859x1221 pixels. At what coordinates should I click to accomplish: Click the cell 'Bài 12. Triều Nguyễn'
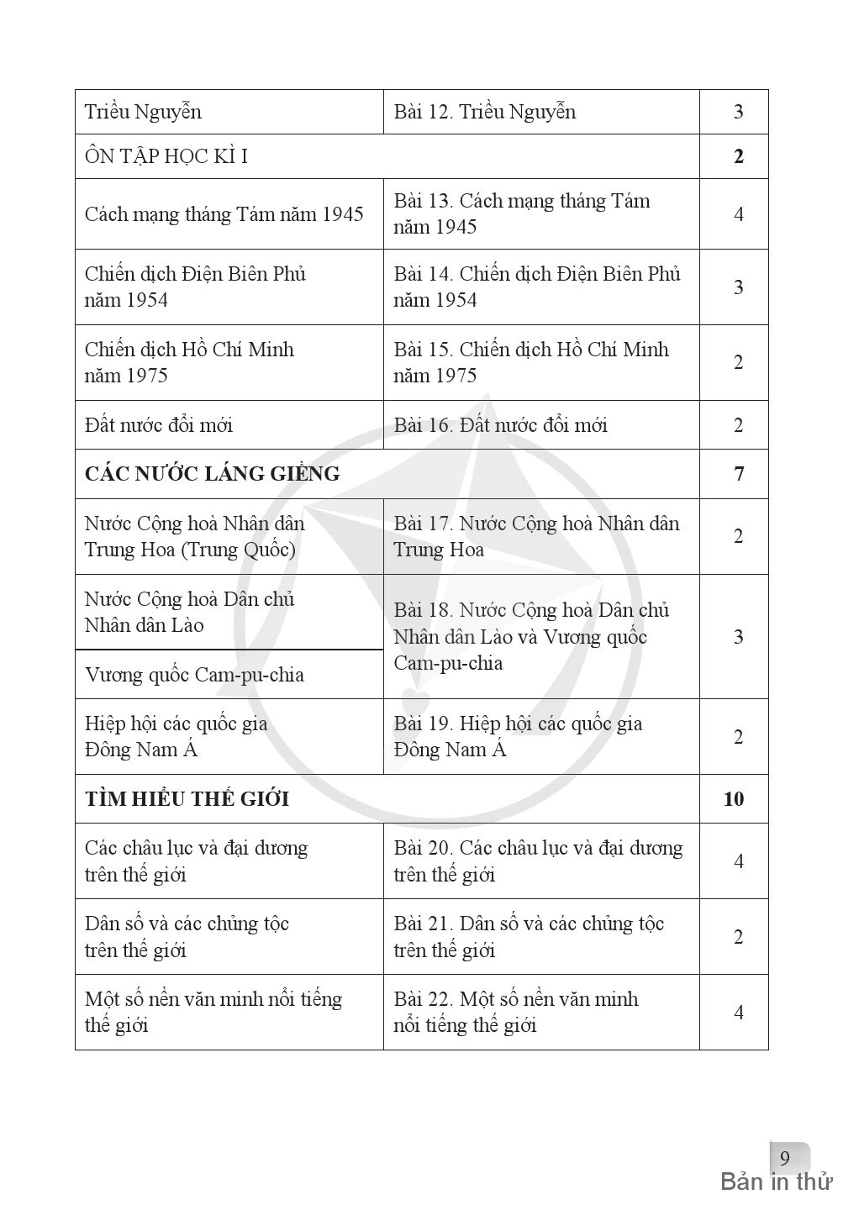click(484, 112)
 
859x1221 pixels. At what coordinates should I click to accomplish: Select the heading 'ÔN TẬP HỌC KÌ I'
click(166, 157)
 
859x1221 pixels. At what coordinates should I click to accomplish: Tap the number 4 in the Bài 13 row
click(738, 214)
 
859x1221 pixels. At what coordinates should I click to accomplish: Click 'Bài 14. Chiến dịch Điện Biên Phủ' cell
click(536, 287)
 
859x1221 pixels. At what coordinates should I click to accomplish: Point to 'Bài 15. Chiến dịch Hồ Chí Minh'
click(530, 362)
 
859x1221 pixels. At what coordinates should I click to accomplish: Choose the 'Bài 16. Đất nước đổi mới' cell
click(500, 425)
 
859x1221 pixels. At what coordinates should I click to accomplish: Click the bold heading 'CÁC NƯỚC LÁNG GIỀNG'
click(212, 474)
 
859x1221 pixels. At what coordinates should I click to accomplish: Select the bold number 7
click(738, 474)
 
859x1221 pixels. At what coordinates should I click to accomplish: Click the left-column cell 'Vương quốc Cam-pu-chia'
click(194, 675)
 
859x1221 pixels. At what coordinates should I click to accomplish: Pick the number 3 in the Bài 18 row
click(738, 637)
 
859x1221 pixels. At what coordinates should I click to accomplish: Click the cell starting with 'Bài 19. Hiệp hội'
click(518, 736)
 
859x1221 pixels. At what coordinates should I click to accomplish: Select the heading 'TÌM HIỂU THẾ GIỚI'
click(187, 799)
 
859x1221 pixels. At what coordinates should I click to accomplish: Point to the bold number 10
click(733, 799)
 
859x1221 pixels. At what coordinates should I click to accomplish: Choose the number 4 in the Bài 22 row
click(738, 1013)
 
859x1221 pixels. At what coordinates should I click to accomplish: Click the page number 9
click(785, 1159)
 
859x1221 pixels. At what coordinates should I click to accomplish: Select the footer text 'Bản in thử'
click(776, 1182)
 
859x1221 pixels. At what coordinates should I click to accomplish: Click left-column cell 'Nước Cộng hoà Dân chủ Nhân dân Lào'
click(189, 612)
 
